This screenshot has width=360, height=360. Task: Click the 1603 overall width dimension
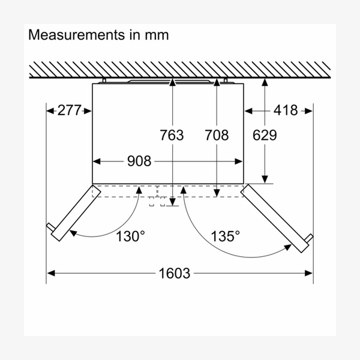tap(175, 273)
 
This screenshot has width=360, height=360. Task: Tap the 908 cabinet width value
tap(139, 161)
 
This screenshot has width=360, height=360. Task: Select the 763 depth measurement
tap(172, 135)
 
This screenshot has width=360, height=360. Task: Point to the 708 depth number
tap(217, 135)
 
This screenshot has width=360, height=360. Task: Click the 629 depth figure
tap(265, 135)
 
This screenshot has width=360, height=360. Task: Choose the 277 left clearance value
tap(70, 110)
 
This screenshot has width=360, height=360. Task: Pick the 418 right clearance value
tap(286, 110)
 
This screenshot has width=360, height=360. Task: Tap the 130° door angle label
tap(130, 236)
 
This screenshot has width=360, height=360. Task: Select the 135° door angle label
tap(225, 236)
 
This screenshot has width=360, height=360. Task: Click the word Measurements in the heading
tap(76, 35)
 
